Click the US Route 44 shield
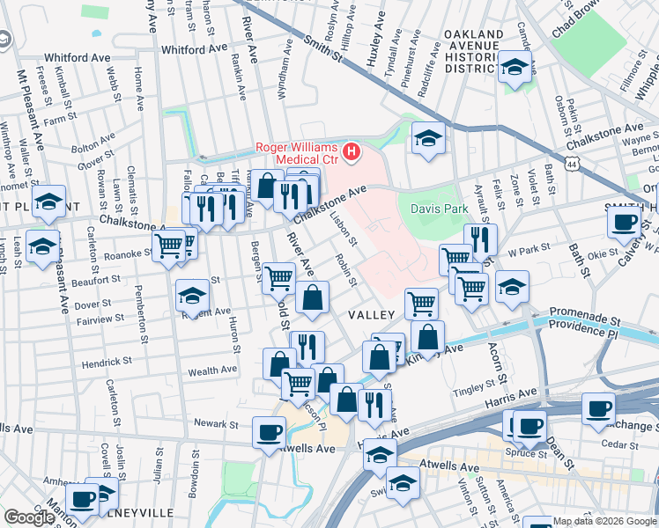point(574,165)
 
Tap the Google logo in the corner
point(29,517)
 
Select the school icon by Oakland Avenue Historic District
point(514,66)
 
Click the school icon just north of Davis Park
point(428,138)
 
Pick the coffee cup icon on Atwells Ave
point(269,432)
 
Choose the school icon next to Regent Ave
point(191,296)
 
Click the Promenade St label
point(582,312)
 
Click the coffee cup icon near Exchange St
point(599,408)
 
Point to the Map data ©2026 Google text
point(604,521)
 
